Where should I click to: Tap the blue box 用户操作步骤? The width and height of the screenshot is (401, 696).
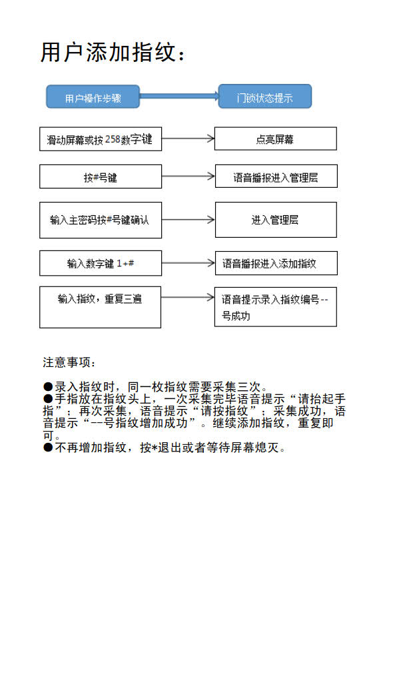[x=93, y=97]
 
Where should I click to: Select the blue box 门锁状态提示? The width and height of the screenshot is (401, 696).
[x=264, y=97]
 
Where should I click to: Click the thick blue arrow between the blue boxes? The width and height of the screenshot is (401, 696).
[x=179, y=97]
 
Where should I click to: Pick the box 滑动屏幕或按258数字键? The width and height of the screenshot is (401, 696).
[x=100, y=139]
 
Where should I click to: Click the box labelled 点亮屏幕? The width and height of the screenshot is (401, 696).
[x=275, y=139]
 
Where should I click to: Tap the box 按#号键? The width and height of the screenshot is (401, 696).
[x=100, y=177]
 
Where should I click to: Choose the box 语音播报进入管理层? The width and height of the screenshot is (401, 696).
[x=275, y=177]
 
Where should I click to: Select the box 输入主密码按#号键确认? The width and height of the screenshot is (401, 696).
[x=100, y=220]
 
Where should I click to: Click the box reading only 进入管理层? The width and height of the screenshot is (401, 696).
[x=275, y=220]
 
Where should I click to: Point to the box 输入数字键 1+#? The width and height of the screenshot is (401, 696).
[x=100, y=263]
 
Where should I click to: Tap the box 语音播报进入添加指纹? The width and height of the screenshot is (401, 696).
[x=275, y=263]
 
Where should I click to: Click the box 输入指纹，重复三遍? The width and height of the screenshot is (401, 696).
[x=100, y=307]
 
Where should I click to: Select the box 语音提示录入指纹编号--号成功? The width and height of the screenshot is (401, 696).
[x=275, y=307]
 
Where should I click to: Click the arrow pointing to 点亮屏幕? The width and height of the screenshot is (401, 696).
[x=188, y=139]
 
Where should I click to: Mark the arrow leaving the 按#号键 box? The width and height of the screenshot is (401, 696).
[x=188, y=177]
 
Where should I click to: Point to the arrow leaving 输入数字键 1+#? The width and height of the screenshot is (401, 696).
[x=188, y=263]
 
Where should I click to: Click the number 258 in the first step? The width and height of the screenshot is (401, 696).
[x=113, y=139]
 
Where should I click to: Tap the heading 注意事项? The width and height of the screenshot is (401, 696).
[x=69, y=362]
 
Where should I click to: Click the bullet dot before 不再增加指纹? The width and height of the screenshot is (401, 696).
[x=48, y=448]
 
